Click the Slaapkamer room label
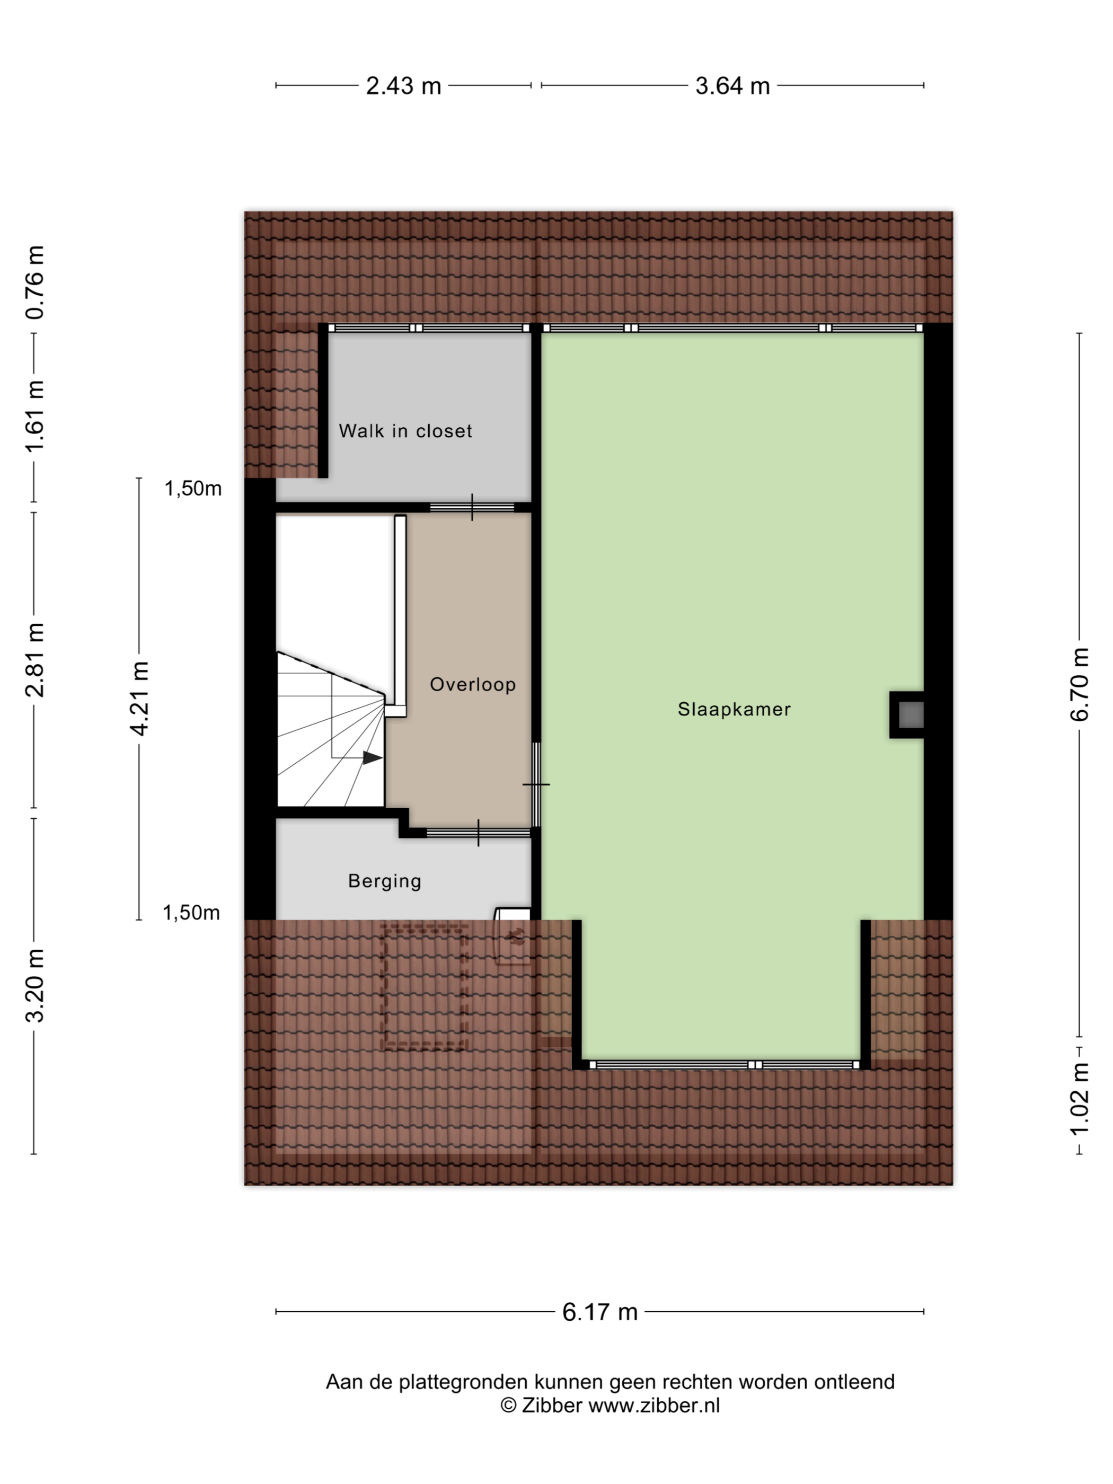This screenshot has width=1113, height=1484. click(x=734, y=709)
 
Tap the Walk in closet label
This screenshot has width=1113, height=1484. click(x=405, y=431)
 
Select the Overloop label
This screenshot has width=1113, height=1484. click(x=472, y=684)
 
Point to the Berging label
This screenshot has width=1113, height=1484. click(x=384, y=881)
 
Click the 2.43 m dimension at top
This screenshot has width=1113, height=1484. click(x=403, y=86)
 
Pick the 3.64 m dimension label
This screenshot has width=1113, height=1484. click(x=732, y=86)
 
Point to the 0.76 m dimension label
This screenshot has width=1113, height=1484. click(x=34, y=282)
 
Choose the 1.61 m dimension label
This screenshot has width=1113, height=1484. click(x=34, y=416)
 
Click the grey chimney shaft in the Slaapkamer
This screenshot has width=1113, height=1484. click(x=911, y=714)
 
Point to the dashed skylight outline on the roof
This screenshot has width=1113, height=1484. click(x=425, y=986)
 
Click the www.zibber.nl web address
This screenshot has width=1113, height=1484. click(x=654, y=1406)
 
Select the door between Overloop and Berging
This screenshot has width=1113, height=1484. click(x=479, y=833)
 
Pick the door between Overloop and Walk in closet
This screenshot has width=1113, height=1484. click(x=472, y=507)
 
